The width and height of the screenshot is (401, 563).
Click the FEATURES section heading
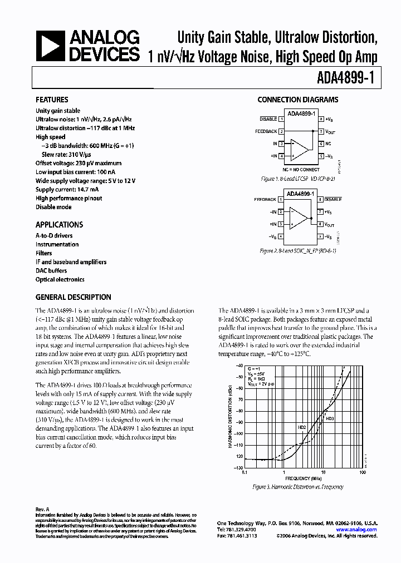52,100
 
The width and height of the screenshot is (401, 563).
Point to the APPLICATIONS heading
59,225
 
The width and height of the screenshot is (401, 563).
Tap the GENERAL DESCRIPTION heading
73,297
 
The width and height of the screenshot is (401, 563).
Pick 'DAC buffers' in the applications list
51,270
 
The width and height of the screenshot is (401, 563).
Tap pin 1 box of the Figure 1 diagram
282,119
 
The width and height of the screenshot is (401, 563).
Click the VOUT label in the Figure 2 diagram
330,225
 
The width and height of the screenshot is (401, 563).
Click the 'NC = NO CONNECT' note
301,169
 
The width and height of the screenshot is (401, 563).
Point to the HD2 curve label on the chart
302,427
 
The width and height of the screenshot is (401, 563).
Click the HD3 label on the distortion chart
330,418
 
